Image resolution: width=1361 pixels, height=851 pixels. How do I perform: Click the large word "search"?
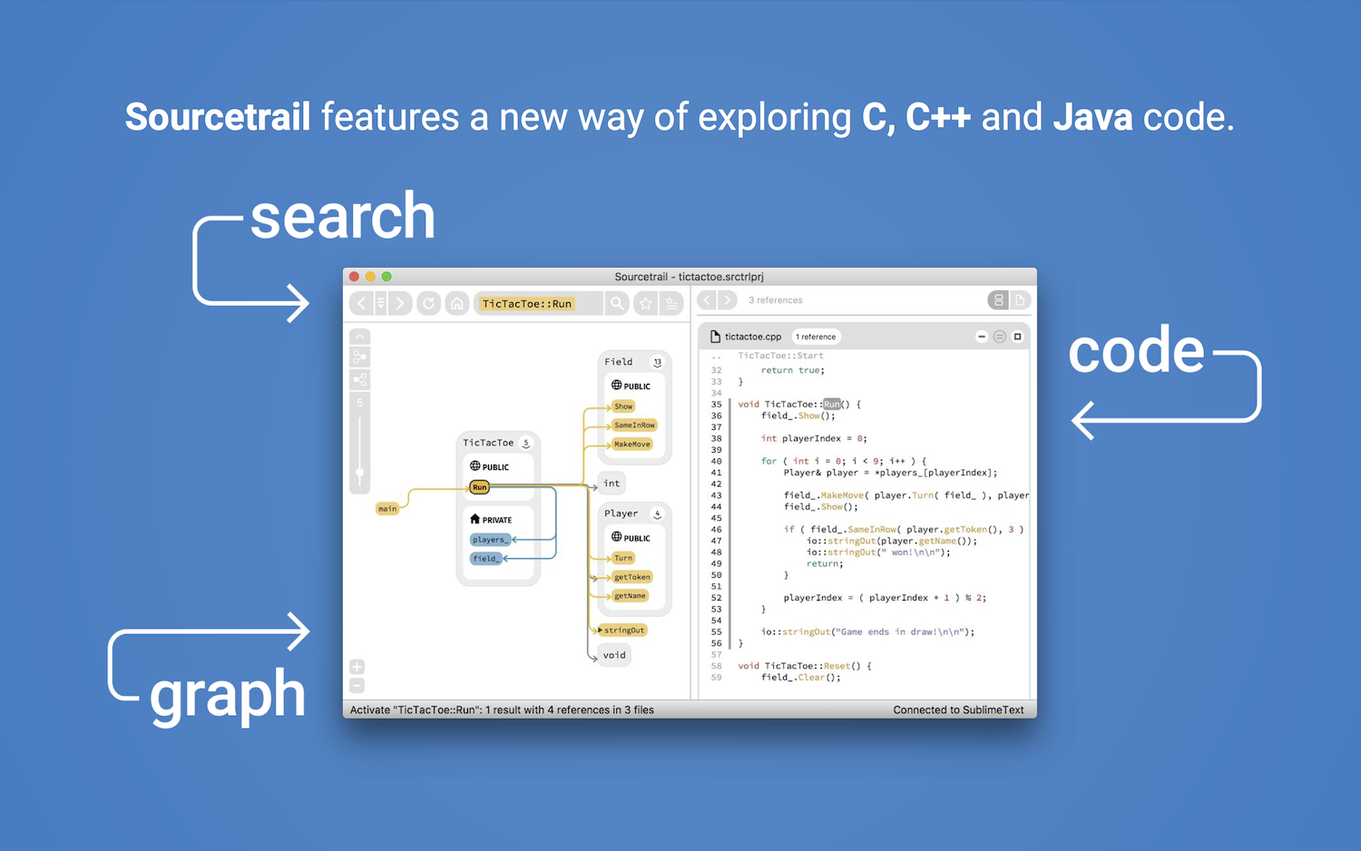click(342, 217)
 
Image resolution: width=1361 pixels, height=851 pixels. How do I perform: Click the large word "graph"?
click(227, 695)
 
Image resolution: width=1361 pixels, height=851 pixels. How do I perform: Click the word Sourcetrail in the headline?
click(218, 117)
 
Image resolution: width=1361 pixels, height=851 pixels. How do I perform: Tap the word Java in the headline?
click(1092, 117)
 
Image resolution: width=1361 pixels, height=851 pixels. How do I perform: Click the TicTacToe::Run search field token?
click(526, 304)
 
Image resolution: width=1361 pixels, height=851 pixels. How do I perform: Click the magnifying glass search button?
click(617, 303)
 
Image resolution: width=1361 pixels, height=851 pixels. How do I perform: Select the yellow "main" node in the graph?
click(387, 509)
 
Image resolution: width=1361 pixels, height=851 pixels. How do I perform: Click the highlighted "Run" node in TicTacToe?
click(480, 487)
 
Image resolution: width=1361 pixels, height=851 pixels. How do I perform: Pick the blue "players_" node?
click(489, 540)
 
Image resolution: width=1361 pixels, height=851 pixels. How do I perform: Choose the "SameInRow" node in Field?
click(634, 425)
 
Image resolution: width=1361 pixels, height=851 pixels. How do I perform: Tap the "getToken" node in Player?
click(632, 577)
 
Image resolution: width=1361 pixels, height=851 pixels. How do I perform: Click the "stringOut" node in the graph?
click(624, 630)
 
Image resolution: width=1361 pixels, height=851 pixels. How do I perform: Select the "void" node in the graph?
click(614, 655)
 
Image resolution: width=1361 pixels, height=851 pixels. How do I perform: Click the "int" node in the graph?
click(612, 484)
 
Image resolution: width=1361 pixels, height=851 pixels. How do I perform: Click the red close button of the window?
click(355, 277)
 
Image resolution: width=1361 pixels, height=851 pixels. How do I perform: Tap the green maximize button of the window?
click(387, 277)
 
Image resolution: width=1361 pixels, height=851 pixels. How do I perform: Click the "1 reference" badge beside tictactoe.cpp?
click(816, 337)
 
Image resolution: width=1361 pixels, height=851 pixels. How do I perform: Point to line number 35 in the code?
click(716, 405)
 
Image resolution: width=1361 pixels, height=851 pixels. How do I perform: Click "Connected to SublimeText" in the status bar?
click(958, 709)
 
